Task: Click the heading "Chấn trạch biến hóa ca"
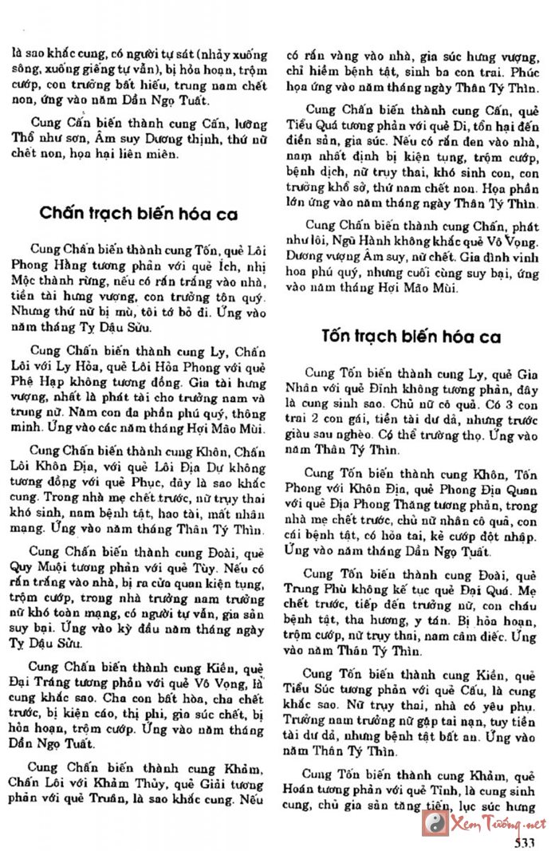pyautogui.click(x=138, y=214)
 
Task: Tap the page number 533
pyautogui.click(x=524, y=842)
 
